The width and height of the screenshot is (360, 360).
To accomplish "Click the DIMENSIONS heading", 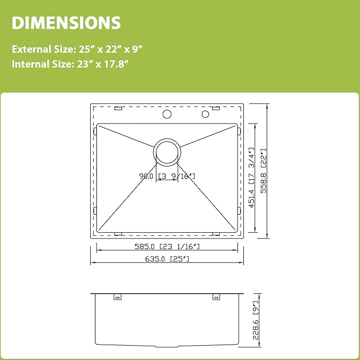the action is coord(66,23).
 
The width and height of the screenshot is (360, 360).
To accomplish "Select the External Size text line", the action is coord(77,49).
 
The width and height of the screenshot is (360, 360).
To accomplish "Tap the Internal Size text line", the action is coord(70,64).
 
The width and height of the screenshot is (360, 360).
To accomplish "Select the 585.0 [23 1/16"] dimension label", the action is coord(167,247).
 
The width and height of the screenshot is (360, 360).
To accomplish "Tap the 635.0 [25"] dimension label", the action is coord(167,259).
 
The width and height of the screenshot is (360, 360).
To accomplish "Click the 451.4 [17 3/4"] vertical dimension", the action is coord(252,178).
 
